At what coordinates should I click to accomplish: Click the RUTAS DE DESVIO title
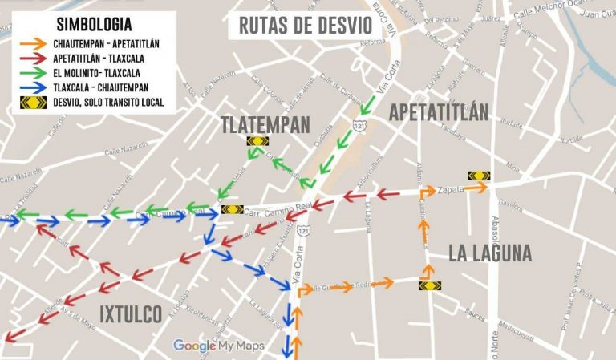coord(306,25)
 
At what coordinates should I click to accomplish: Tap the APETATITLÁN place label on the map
coord(438,113)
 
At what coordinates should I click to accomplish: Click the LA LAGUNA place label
coord(490,253)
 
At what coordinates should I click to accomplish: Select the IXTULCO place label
coord(131,313)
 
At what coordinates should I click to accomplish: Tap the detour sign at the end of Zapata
coord(479,176)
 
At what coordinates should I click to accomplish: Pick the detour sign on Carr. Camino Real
coord(232,210)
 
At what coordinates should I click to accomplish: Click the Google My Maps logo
coord(219,346)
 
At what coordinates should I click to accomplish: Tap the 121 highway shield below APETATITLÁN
coord(358,124)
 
